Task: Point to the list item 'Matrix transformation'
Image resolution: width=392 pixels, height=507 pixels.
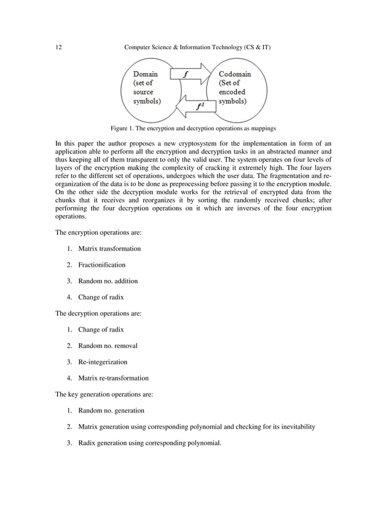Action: click(x=109, y=249)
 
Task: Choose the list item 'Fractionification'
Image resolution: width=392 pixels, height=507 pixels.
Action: click(x=101, y=265)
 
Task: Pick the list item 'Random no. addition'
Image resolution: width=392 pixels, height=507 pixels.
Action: click(x=108, y=281)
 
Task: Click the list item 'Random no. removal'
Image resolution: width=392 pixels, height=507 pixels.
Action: click(x=108, y=346)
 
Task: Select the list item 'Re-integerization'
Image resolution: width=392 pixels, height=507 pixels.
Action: click(x=103, y=362)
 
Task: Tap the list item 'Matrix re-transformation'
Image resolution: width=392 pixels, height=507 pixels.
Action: click(x=113, y=378)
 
